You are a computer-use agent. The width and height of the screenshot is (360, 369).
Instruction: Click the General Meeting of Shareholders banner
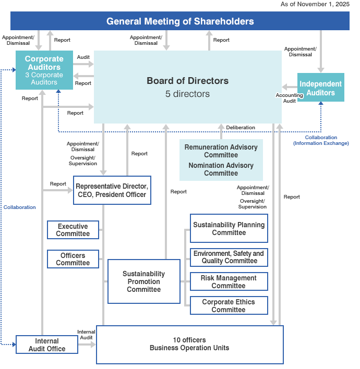tap(180, 21)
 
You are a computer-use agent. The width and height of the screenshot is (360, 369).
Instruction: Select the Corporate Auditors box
tap(44, 70)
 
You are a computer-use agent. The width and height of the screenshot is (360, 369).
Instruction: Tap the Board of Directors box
tap(187, 87)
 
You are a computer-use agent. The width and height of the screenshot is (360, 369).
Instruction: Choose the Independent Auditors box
tap(320, 88)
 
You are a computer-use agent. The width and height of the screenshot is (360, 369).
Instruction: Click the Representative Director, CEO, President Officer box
tap(112, 190)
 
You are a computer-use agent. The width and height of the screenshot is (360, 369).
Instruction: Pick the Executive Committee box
tap(73, 230)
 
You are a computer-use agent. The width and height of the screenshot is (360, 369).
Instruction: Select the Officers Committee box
tap(73, 259)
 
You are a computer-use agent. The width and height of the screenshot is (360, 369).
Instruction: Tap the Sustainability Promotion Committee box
tap(143, 281)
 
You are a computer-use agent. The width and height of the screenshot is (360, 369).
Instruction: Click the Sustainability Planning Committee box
tap(229, 228)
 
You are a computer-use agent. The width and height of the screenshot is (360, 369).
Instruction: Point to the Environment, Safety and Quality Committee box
tap(229, 257)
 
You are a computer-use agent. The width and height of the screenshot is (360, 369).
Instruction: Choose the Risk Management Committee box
tap(229, 281)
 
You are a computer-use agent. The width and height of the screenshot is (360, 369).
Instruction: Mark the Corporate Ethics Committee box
tap(229, 305)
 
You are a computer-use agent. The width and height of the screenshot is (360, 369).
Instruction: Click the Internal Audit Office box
tap(47, 345)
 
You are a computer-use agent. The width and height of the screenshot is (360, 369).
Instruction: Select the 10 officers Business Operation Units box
tap(189, 344)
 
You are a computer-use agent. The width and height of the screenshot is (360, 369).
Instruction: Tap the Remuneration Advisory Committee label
tap(221, 151)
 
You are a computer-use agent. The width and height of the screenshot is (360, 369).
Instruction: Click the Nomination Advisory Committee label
tap(221, 169)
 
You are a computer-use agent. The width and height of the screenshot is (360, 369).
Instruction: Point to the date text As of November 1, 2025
tap(315, 4)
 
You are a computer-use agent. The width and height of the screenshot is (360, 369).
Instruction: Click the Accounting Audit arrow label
tap(289, 98)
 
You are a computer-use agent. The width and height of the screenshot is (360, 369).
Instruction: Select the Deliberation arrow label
tap(241, 127)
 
